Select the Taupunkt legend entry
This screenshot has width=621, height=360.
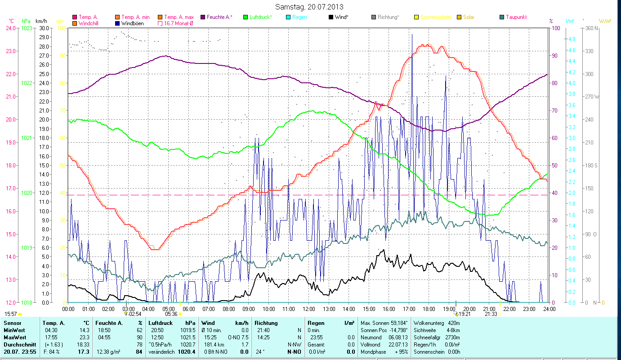516,17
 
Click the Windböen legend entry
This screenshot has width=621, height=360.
133,23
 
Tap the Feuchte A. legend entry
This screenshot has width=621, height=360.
219,17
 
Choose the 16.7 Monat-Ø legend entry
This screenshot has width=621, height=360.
178,23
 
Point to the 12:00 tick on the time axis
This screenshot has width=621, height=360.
309,309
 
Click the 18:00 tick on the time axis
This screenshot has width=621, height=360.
429,309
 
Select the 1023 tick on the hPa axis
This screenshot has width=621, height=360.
27,28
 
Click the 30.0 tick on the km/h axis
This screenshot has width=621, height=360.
44,28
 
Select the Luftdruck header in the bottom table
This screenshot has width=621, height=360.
161,323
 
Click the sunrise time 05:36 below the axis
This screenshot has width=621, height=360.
171,314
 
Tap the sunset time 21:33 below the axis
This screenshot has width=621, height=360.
491,314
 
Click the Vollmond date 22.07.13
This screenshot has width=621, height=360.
398,344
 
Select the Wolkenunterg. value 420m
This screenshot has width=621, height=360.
453,323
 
